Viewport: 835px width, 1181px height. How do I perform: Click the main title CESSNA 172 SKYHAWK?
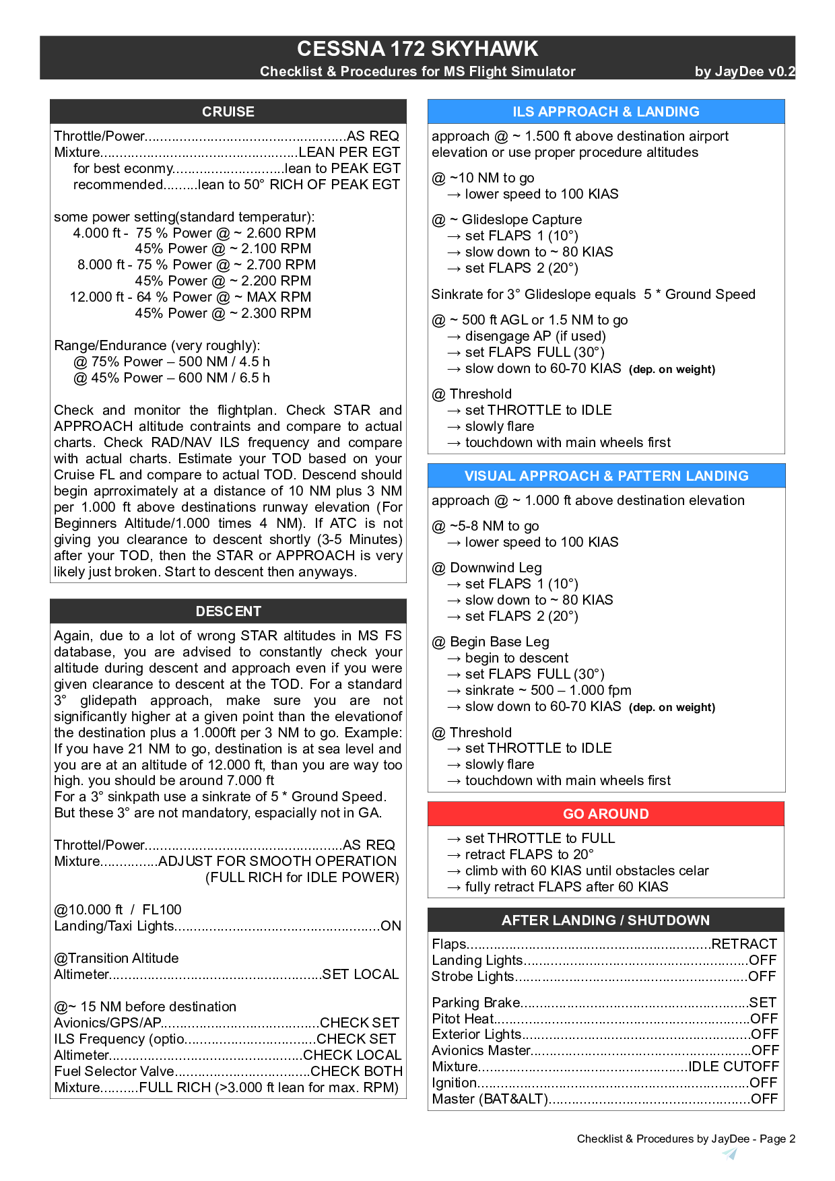tap(417, 48)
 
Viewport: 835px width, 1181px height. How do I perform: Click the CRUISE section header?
tap(228, 112)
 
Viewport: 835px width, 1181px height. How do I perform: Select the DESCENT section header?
tap(228, 611)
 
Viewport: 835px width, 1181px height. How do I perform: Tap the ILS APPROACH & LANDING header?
tap(606, 112)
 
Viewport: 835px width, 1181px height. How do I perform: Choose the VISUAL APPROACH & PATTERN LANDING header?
tap(606, 476)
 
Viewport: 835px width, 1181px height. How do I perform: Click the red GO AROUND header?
tap(606, 814)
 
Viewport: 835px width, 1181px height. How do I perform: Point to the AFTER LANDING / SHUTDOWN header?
tap(606, 920)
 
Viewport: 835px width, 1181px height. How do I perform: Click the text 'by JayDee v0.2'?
tap(745, 71)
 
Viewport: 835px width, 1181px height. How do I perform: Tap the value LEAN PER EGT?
tap(349, 152)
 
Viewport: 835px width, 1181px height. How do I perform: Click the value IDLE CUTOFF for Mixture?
tap(733, 1067)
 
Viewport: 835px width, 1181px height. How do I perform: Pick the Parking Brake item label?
tap(476, 1003)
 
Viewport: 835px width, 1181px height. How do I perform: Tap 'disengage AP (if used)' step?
tap(535, 336)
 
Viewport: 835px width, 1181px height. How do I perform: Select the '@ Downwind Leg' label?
tap(487, 568)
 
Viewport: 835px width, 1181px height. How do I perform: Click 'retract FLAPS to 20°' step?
tap(529, 854)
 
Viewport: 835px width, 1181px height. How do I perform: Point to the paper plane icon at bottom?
tap(729, 1154)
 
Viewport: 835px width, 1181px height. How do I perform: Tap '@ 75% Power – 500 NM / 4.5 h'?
tap(172, 362)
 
